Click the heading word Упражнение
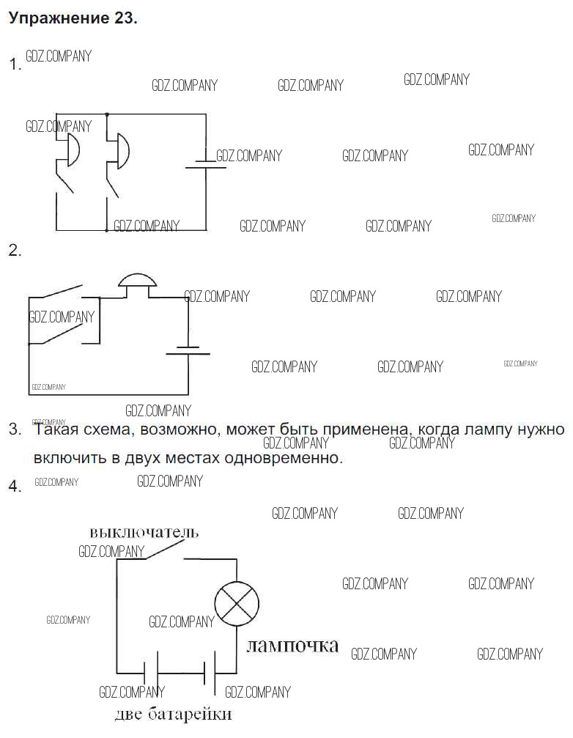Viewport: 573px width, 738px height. [x=59, y=19]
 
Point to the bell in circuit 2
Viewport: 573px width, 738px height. [x=137, y=282]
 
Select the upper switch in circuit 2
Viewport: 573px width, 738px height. [x=62, y=292]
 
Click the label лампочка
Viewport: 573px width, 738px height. [x=292, y=646]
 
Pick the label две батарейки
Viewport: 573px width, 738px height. [x=173, y=714]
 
